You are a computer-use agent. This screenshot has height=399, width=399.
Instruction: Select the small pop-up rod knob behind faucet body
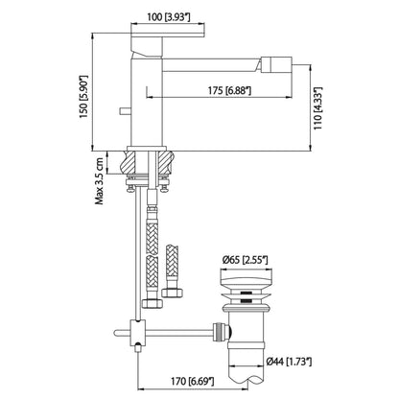point(122,112)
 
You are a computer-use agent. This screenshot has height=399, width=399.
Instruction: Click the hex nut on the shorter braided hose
point(173,291)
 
